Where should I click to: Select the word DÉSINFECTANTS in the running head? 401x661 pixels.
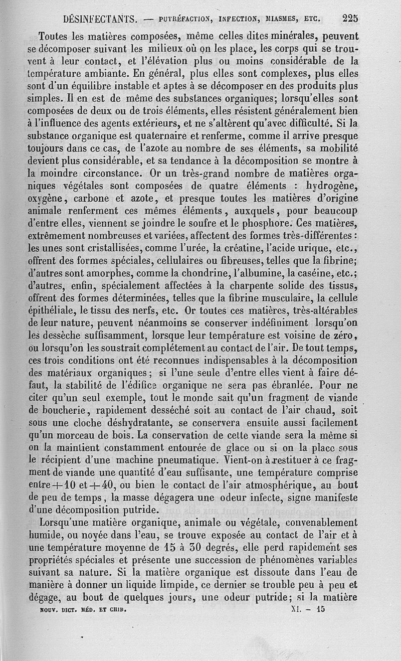pyautogui.click(x=101, y=20)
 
